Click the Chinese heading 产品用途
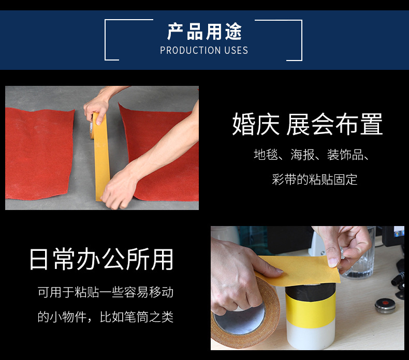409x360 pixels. click(204, 32)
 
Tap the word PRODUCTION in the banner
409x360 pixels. click(191, 50)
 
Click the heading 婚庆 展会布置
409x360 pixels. click(308, 124)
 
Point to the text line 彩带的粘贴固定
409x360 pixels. click(314, 179)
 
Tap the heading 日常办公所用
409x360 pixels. click(101, 259)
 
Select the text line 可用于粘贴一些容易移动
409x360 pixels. click(106, 292)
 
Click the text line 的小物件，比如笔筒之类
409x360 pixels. click(106, 317)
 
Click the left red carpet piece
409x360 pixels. click(39, 154)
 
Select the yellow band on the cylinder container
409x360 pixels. click(311, 307)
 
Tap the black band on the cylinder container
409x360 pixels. click(311, 290)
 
